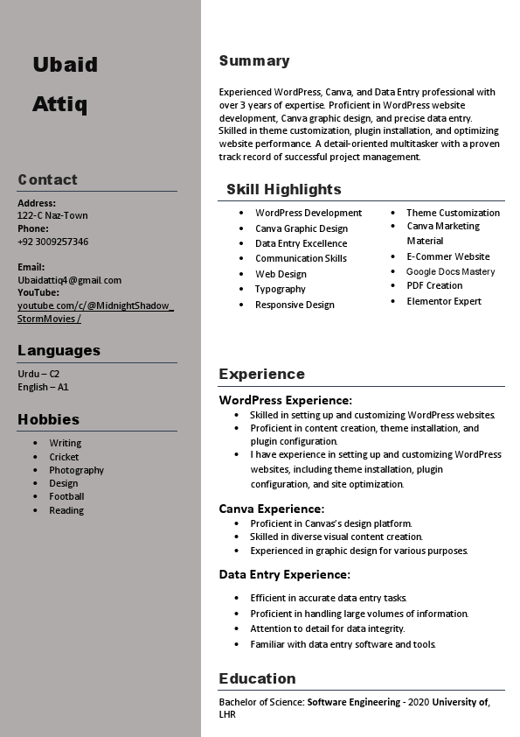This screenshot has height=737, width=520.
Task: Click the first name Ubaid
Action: tap(65, 65)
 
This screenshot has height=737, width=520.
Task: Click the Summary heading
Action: tap(253, 60)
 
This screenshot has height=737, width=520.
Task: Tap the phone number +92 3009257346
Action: tap(52, 242)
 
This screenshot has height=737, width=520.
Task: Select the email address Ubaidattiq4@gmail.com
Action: tap(69, 280)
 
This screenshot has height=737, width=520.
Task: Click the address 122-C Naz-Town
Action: tap(52, 215)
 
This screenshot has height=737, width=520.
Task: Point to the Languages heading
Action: tap(59, 350)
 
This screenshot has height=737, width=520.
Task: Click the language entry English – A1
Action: tap(43, 387)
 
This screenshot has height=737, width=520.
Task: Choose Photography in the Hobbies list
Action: tap(76, 470)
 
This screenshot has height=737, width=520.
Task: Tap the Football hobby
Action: tap(66, 496)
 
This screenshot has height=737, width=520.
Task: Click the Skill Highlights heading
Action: tap(283, 189)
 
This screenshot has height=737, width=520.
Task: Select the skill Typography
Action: tap(280, 289)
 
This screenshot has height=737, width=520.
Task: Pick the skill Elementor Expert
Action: tap(444, 301)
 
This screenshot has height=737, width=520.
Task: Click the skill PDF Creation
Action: tap(434, 285)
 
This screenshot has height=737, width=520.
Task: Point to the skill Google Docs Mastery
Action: tap(450, 271)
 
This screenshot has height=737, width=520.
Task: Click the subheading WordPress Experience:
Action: tap(285, 400)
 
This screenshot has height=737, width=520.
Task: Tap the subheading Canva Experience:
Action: tap(271, 509)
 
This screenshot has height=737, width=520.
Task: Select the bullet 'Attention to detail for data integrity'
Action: tap(328, 628)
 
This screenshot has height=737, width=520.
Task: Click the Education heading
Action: tap(257, 678)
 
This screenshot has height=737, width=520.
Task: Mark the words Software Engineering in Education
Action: tap(353, 702)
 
